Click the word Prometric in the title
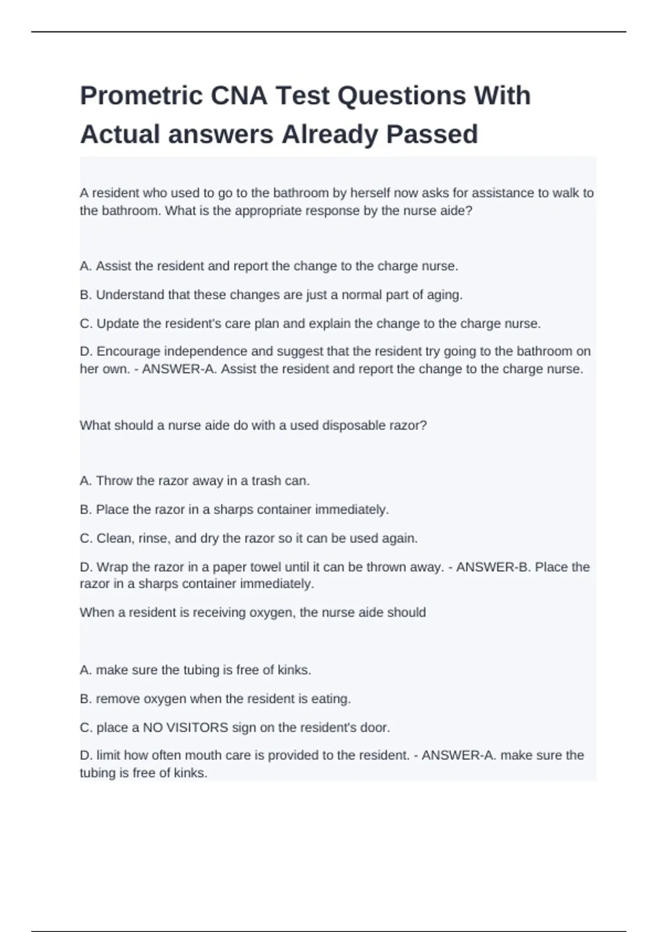click(141, 96)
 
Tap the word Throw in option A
click(111, 481)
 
